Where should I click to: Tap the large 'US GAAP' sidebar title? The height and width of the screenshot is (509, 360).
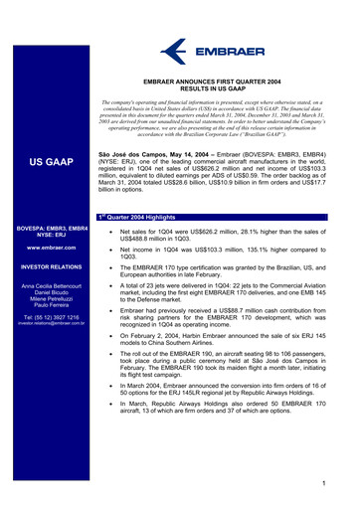(49, 160)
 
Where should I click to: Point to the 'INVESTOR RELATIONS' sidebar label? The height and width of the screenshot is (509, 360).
(50, 267)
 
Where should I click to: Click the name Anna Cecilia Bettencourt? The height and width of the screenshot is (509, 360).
(50, 286)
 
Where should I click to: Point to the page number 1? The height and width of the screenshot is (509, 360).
(339, 483)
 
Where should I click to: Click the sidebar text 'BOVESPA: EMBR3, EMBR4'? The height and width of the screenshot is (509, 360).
(50, 229)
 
